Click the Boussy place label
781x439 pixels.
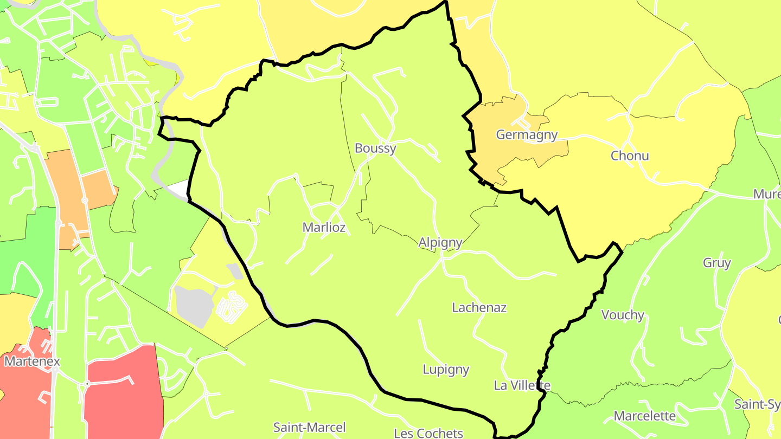click(375, 148)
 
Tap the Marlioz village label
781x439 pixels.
click(324, 227)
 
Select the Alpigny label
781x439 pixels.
click(440, 242)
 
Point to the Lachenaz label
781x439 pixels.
click(479, 307)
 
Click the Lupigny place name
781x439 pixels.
click(446, 370)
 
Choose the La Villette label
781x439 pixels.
click(522, 385)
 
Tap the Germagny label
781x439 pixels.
click(526, 135)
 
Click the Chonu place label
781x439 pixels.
click(629, 156)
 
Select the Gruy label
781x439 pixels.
click(716, 263)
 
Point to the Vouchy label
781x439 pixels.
click(623, 315)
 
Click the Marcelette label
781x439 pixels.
click(645, 416)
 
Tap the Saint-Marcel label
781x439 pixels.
click(309, 427)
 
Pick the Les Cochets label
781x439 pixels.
click(428, 432)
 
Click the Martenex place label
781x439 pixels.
click(32, 360)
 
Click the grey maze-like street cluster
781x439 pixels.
click(232, 307)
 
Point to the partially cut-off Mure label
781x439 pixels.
click(767, 194)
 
